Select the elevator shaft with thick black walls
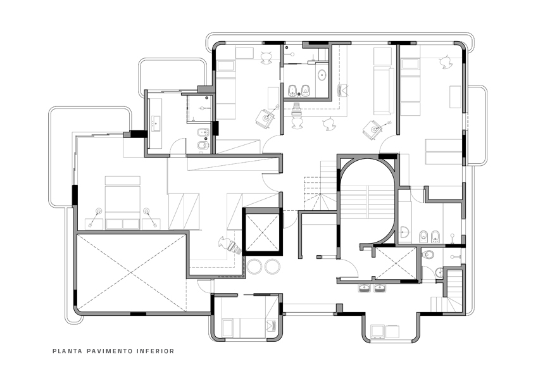pyautogui.click(x=261, y=230)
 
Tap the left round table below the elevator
pyautogui.click(x=254, y=267)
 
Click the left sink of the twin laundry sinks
pyautogui.click(x=365, y=289)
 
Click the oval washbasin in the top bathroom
pyautogui.click(x=322, y=75)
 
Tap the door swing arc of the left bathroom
pyautogui.click(x=178, y=148)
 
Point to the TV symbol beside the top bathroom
pyautogui.click(x=344, y=90)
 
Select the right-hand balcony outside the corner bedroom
pyautogui.click(x=479, y=124)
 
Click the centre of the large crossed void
pyautogui.click(x=131, y=272)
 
